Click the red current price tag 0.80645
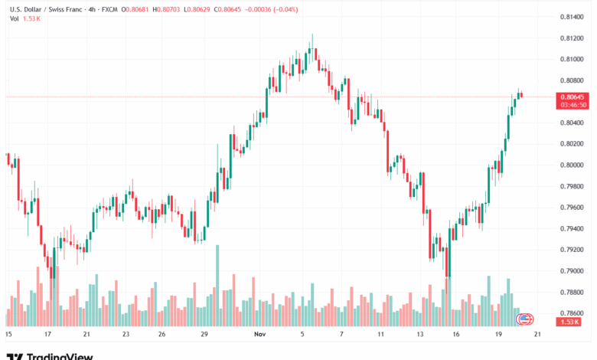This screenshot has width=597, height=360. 573,97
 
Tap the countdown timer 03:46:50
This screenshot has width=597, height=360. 573,105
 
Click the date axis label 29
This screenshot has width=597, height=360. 205,335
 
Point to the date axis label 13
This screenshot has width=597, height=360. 420,335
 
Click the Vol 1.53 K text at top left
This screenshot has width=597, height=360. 24,18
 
